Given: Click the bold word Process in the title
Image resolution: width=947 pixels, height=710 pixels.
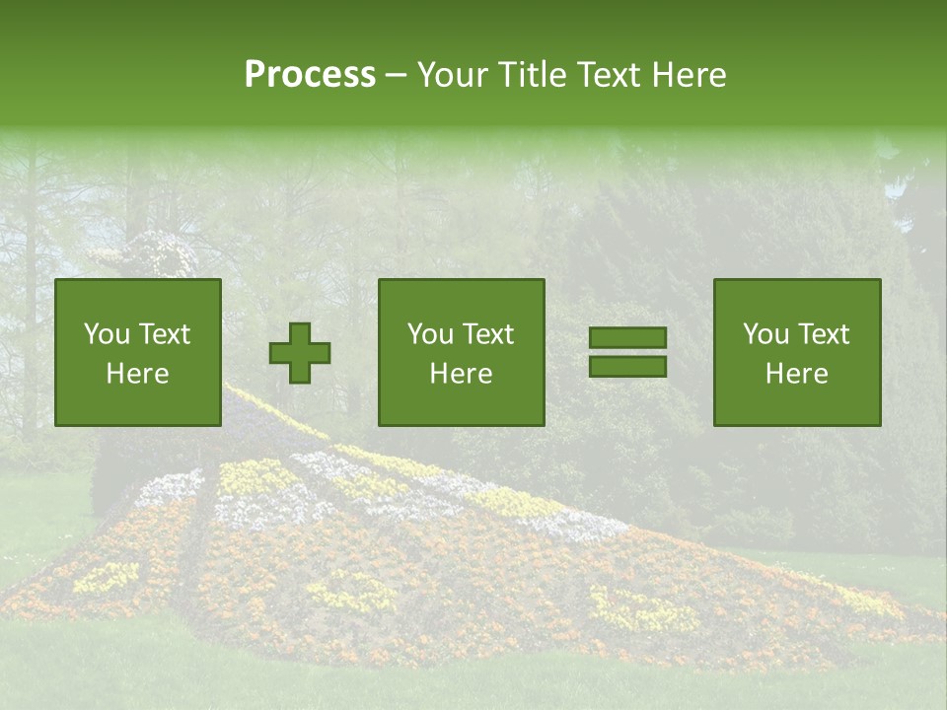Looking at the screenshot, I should click(310, 75).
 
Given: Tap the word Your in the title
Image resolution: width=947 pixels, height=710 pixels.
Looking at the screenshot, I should click(451, 75).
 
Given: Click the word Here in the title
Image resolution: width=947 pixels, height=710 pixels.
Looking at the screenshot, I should click(688, 75).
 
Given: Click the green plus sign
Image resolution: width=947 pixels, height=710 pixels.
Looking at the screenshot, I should click(300, 353).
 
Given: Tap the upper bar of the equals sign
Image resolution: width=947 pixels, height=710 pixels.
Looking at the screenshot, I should click(627, 337).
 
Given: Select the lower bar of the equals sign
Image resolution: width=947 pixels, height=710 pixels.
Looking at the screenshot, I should click(627, 367).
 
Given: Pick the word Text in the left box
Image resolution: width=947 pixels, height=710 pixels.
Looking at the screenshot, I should click(164, 334).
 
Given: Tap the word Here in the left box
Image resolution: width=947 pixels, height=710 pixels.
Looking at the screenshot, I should click(137, 374).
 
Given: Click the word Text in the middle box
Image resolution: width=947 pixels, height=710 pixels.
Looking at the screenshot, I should click(488, 334).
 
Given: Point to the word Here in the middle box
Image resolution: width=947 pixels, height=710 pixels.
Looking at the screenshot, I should click(461, 374).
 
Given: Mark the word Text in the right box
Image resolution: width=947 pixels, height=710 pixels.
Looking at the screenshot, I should click(823, 334).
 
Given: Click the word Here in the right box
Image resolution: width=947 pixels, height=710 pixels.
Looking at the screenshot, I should click(796, 374).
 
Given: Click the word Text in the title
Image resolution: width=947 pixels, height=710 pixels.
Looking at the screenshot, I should click(609, 75).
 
